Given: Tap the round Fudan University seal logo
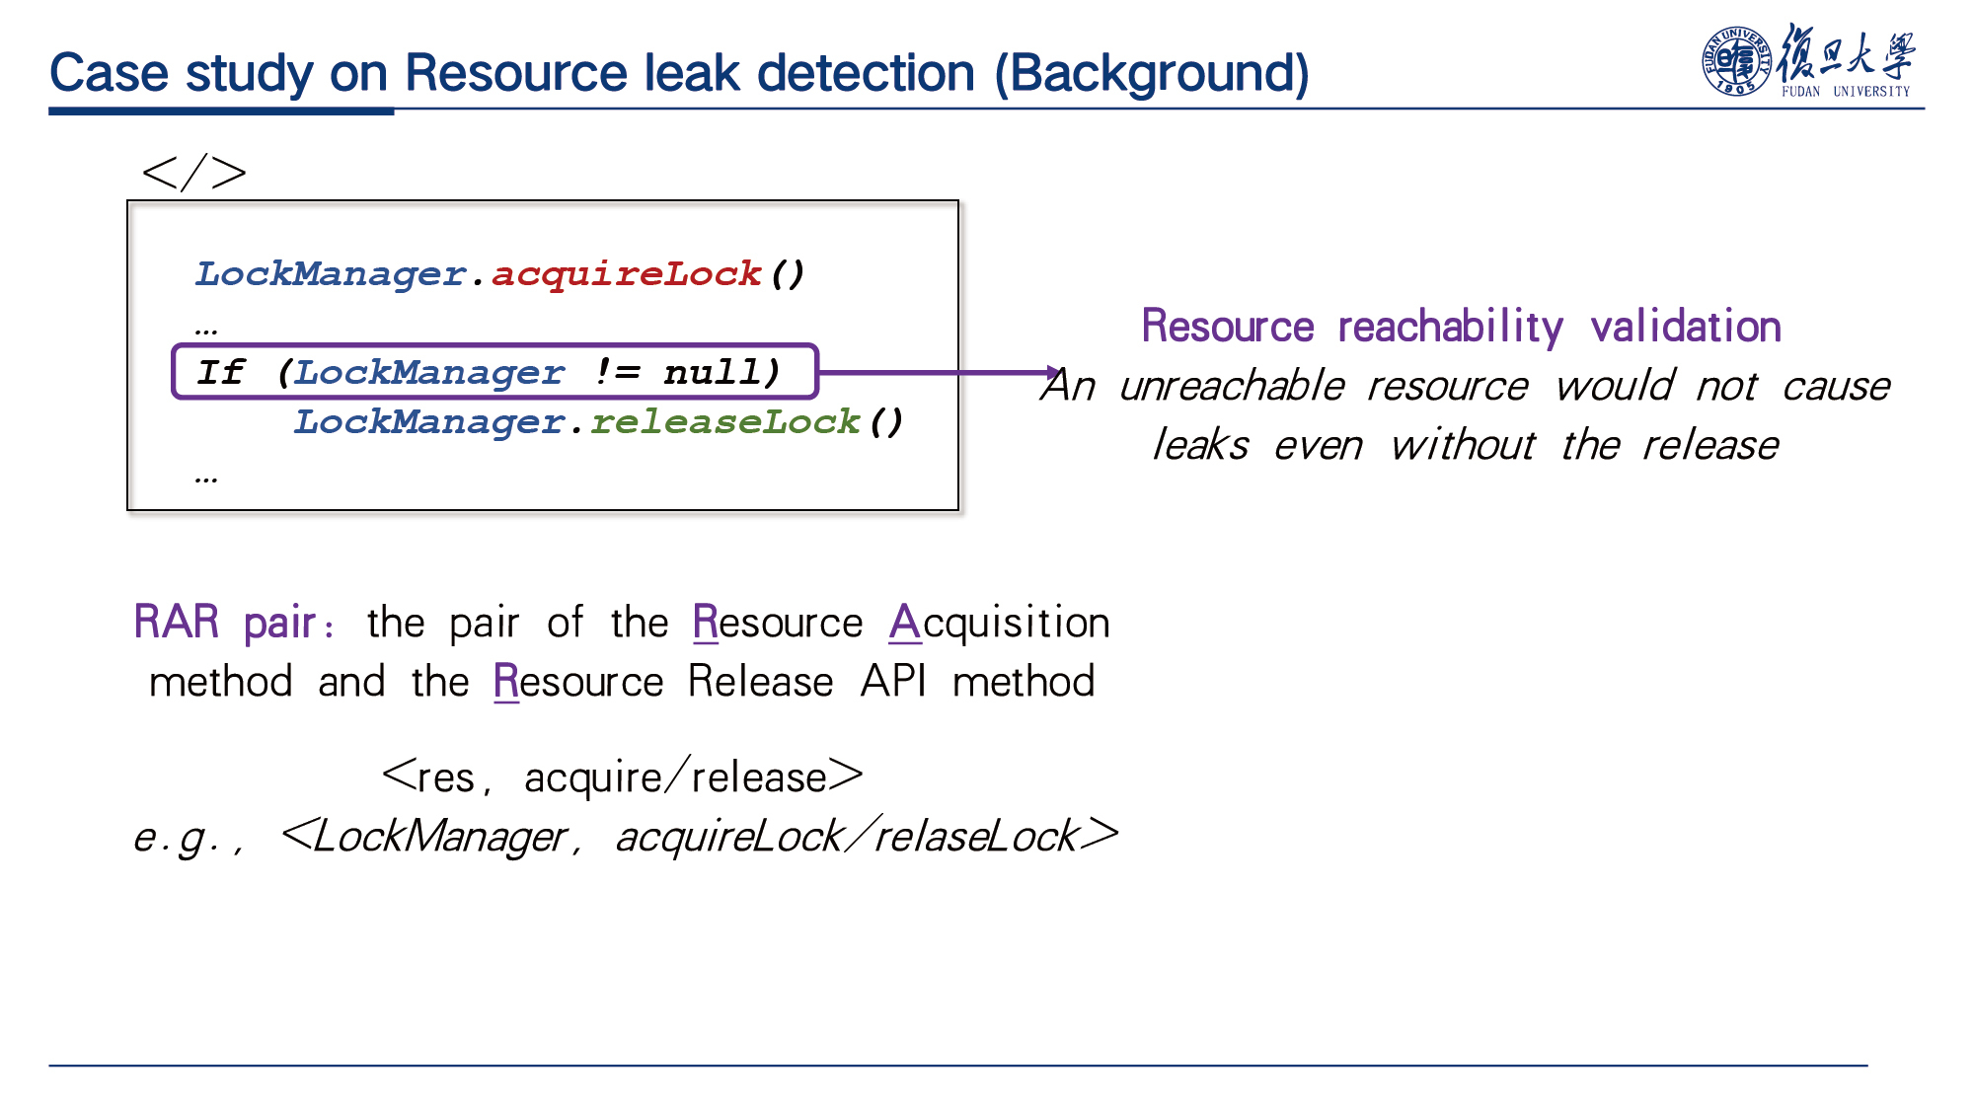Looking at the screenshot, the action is pyautogui.click(x=1736, y=61).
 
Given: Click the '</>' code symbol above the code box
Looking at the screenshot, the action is pyautogui.click(x=193, y=173).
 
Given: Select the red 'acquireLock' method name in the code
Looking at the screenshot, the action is pyautogui.click(x=627, y=273).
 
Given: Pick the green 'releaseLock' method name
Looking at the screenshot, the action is pyautogui.click(x=725, y=421).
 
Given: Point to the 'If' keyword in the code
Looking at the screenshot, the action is pyautogui.click(x=220, y=372).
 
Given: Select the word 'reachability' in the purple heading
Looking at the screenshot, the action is pyautogui.click(x=1450, y=327).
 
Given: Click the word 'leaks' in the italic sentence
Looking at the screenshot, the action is pyautogui.click(x=1200, y=445).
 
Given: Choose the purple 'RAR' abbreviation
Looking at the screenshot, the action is pyautogui.click(x=177, y=622).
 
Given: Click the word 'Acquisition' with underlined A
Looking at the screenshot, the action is pyautogui.click(x=999, y=623).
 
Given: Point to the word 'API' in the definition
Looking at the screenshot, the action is pyautogui.click(x=893, y=681).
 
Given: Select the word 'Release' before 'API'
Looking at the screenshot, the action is pyautogui.click(x=760, y=681).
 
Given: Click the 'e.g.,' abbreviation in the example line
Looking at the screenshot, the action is pyautogui.click(x=189, y=838).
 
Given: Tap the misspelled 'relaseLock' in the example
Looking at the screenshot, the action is pyautogui.click(x=976, y=837).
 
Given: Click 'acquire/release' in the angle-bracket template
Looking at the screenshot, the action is pyautogui.click(x=675, y=777).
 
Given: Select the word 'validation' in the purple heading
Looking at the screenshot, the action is pyautogui.click(x=1686, y=327).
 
